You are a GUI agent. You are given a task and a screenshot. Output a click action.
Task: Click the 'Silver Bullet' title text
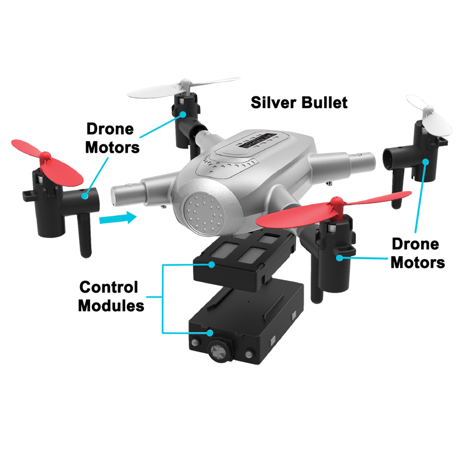click(299, 103)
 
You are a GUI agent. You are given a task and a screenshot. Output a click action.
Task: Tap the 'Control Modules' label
click(111, 296)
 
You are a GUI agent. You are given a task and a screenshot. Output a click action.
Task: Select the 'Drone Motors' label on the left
click(112, 138)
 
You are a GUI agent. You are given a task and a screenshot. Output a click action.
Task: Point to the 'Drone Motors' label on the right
click(418, 253)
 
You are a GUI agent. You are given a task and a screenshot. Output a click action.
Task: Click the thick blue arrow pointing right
click(118, 218)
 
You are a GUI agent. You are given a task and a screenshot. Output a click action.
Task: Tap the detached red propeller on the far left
click(47, 163)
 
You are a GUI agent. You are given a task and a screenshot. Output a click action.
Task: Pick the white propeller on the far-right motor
click(429, 115)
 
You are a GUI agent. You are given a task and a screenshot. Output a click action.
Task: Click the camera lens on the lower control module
click(219, 351)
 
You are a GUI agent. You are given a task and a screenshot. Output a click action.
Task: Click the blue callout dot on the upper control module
click(212, 264)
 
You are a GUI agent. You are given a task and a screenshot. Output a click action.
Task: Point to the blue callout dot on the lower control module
click(210, 333)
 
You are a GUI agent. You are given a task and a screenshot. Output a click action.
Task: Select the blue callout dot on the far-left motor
click(85, 196)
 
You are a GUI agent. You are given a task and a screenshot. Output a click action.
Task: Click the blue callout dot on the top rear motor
click(183, 114)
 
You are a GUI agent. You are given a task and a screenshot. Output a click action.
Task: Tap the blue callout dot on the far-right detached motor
click(426, 162)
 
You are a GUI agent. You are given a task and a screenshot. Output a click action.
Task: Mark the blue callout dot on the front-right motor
click(339, 258)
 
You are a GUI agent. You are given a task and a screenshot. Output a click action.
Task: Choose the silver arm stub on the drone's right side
click(343, 162)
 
